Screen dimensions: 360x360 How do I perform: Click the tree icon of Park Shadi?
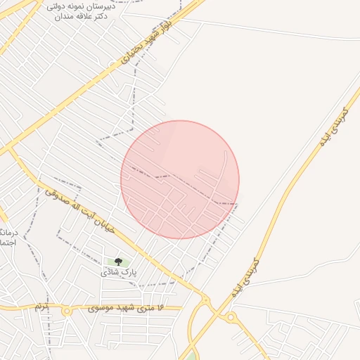[117, 262]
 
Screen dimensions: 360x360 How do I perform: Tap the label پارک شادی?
[118, 271]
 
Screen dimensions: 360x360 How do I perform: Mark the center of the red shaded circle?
[180, 179]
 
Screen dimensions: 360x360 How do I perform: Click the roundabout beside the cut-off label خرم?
[66, 309]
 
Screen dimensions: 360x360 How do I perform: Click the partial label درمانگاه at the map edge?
[6, 233]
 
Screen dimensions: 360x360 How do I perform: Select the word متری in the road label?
[146, 308]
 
